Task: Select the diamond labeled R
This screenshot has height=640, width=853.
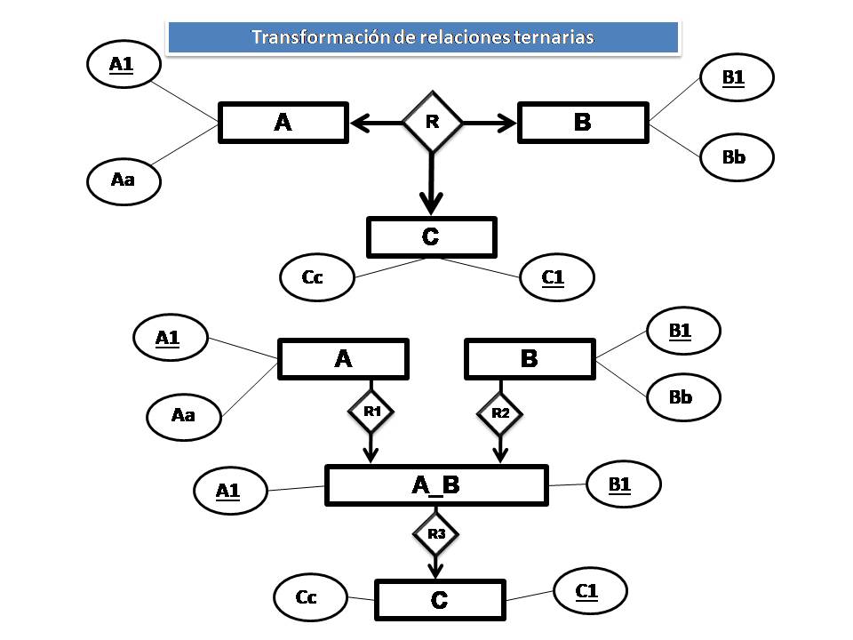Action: pos(432,122)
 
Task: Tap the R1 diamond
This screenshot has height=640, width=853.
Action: pos(371,412)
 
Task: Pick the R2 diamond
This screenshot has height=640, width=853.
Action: pos(500,412)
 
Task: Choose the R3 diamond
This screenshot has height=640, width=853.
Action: pos(435,534)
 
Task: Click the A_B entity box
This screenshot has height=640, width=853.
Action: pos(435,484)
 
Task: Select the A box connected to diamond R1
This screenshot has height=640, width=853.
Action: pos(343,359)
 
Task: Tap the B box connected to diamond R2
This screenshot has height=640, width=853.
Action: pos(530,359)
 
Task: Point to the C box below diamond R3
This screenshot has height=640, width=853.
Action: pos(440,599)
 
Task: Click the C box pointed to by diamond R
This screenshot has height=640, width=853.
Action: pos(431,237)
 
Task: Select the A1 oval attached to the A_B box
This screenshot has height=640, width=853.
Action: pos(229,490)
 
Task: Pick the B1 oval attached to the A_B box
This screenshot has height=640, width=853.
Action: pos(623,484)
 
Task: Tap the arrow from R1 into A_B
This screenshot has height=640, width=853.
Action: pos(371,447)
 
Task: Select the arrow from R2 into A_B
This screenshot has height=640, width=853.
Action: pos(500,447)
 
